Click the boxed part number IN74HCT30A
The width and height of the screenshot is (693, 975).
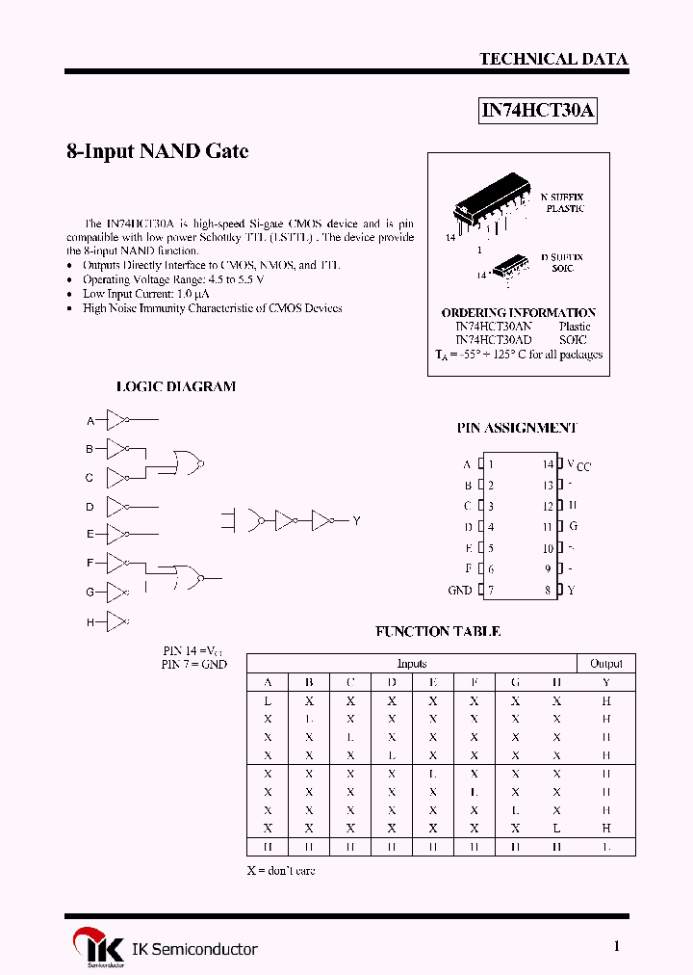[538, 111]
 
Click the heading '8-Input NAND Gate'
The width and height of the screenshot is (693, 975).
[157, 151]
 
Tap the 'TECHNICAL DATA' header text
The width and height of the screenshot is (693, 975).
[553, 59]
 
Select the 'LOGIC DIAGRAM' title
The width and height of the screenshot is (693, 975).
[176, 386]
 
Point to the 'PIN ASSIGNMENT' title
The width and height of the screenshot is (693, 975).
[517, 428]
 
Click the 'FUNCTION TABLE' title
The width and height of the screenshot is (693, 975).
[438, 632]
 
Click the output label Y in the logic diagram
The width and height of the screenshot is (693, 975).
[356, 520]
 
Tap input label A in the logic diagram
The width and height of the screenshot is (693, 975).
[90, 421]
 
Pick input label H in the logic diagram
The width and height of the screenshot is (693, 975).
[90, 622]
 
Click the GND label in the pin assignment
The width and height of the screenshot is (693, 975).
[459, 590]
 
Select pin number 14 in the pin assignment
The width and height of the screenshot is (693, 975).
[548, 464]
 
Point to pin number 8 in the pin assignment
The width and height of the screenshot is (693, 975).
[548, 590]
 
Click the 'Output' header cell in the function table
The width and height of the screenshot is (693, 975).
[606, 663]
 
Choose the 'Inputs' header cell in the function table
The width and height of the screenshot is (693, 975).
[412, 663]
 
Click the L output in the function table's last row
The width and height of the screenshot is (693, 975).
[606, 847]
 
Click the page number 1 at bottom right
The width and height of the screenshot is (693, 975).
[617, 946]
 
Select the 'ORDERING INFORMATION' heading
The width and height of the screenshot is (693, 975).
[518, 313]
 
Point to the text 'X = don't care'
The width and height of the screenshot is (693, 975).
[281, 870]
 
